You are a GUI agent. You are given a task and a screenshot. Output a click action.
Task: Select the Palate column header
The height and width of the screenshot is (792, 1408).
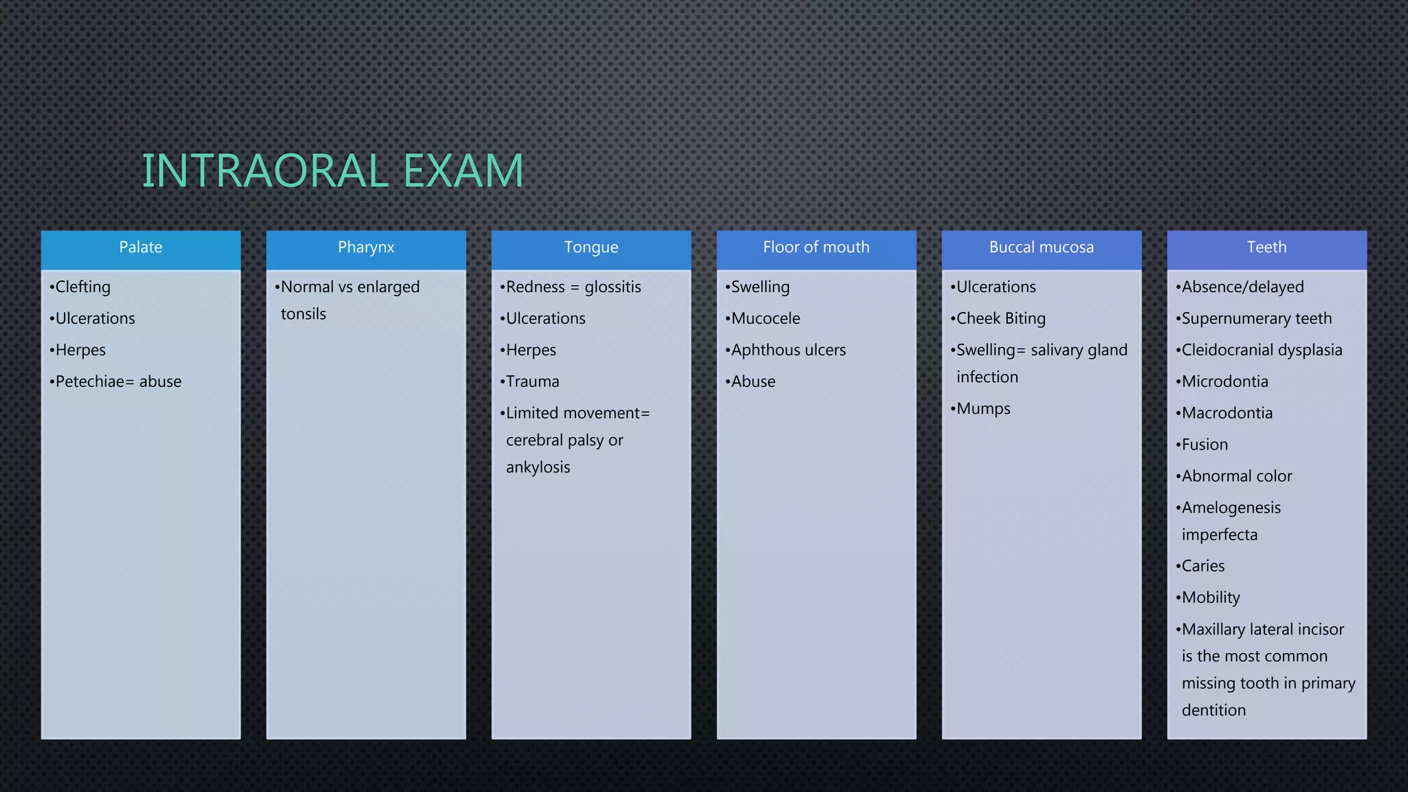tap(141, 247)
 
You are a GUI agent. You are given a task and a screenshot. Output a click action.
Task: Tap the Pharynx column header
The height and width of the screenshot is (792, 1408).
tap(366, 247)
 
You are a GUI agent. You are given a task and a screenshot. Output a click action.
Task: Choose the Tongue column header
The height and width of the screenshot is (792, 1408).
tap(591, 247)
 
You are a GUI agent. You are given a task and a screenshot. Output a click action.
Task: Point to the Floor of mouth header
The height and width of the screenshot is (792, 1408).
tap(816, 247)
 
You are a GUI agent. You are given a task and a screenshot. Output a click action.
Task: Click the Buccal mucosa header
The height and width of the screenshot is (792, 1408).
tap(1041, 247)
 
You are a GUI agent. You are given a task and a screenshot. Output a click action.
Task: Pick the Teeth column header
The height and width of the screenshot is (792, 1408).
tap(1266, 247)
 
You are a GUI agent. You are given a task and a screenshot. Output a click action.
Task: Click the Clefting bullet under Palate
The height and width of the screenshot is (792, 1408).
tap(82, 287)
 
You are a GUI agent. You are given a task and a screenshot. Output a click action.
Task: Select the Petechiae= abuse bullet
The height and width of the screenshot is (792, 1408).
tap(118, 382)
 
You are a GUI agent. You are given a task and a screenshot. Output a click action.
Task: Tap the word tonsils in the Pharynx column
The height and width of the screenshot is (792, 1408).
tap(303, 314)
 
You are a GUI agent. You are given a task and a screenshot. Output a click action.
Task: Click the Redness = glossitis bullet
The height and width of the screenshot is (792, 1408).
tap(573, 287)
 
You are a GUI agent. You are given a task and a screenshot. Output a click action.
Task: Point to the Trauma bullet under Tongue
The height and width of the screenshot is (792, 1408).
tap(532, 382)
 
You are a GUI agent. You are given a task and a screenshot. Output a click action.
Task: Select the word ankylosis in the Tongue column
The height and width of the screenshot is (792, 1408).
tap(538, 467)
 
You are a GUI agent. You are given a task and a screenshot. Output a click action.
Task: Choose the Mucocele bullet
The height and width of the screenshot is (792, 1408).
tap(765, 318)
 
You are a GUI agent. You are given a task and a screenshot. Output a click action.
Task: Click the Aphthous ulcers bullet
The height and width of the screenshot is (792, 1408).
tap(788, 350)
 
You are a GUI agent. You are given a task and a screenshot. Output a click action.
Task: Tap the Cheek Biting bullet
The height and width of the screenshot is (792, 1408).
tap(1000, 318)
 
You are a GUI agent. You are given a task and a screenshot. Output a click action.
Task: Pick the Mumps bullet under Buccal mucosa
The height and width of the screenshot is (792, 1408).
tap(983, 408)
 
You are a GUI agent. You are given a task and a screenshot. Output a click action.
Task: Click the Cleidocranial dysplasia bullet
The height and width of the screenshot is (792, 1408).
tap(1262, 350)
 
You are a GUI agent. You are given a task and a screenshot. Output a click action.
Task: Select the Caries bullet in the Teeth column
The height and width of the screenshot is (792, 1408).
tap(1202, 566)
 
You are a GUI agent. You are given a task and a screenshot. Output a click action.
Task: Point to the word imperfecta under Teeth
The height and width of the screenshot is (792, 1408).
tap(1220, 535)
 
